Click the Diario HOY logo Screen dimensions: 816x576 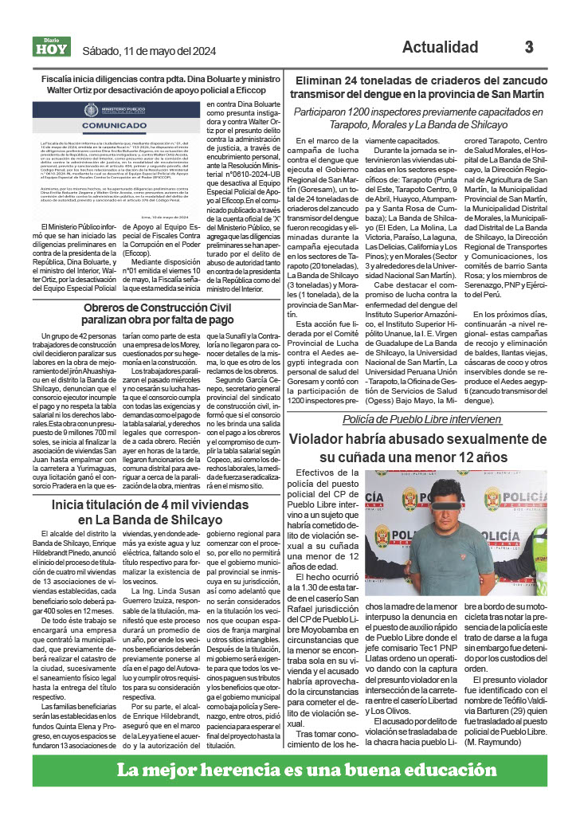[x=51, y=47]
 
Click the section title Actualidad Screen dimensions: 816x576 [x=440, y=47]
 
